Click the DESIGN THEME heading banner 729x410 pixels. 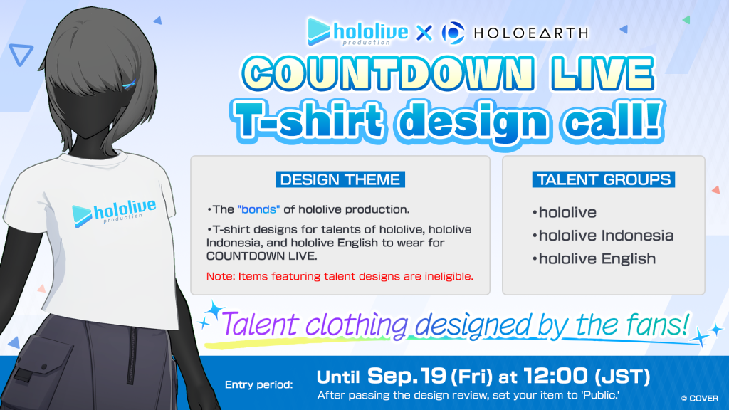340,179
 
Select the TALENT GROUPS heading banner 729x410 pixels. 604,179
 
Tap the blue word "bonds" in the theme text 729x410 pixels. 258,210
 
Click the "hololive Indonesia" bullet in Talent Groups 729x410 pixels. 603,236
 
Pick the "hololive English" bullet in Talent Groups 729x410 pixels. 594,259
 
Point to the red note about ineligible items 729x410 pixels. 340,277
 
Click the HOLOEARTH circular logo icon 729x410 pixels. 453,33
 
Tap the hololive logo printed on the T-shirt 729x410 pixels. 115,213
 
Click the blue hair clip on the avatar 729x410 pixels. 129,85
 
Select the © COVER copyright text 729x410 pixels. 699,399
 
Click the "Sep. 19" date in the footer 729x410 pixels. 407,376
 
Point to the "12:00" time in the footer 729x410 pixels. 556,376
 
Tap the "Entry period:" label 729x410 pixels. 259,385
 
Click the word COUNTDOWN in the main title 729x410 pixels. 387,73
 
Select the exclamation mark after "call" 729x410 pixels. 652,120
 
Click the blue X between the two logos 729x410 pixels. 424,33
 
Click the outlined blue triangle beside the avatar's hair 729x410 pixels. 21,55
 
